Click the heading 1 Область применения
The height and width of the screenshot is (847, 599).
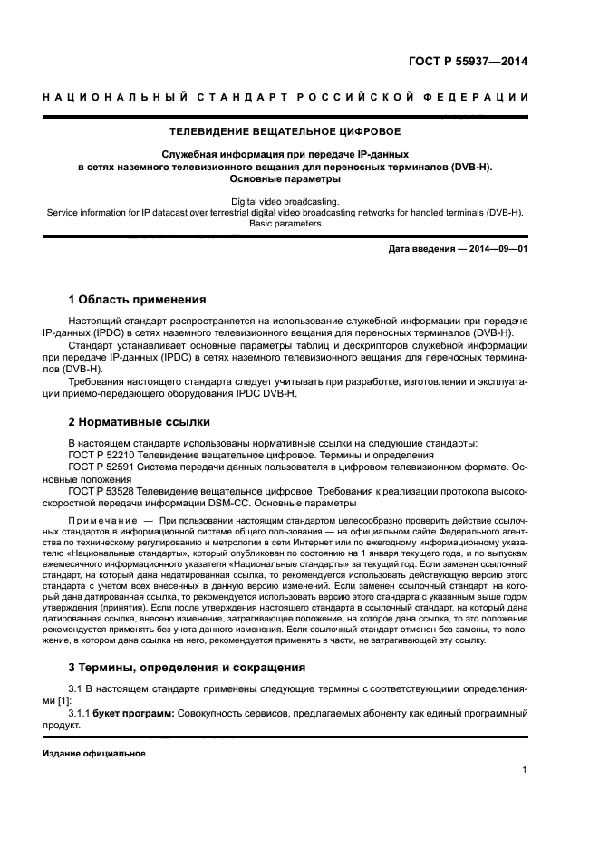137,300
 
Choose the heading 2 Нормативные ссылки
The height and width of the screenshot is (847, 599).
140,421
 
